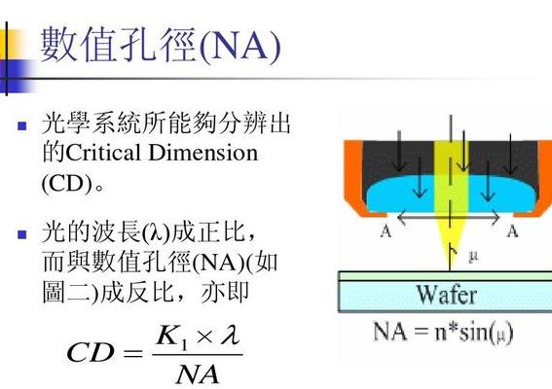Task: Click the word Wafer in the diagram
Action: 447,295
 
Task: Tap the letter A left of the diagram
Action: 386,231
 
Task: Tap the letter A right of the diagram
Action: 512,231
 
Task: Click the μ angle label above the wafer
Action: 474,257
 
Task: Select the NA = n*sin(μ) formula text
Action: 443,332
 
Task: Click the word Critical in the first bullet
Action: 104,153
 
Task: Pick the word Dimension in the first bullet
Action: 203,153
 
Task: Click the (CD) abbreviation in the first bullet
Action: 67,183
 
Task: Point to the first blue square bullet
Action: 22,125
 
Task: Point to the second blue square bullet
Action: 22,234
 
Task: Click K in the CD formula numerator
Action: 166,336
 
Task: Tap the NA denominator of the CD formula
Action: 198,375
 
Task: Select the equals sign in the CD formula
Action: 133,352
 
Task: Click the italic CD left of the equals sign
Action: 91,352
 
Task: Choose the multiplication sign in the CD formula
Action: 204,337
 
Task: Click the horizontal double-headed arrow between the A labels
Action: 449,218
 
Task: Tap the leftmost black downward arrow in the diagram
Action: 399,151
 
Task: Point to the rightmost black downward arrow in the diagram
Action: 510,154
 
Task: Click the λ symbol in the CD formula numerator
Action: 231,335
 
